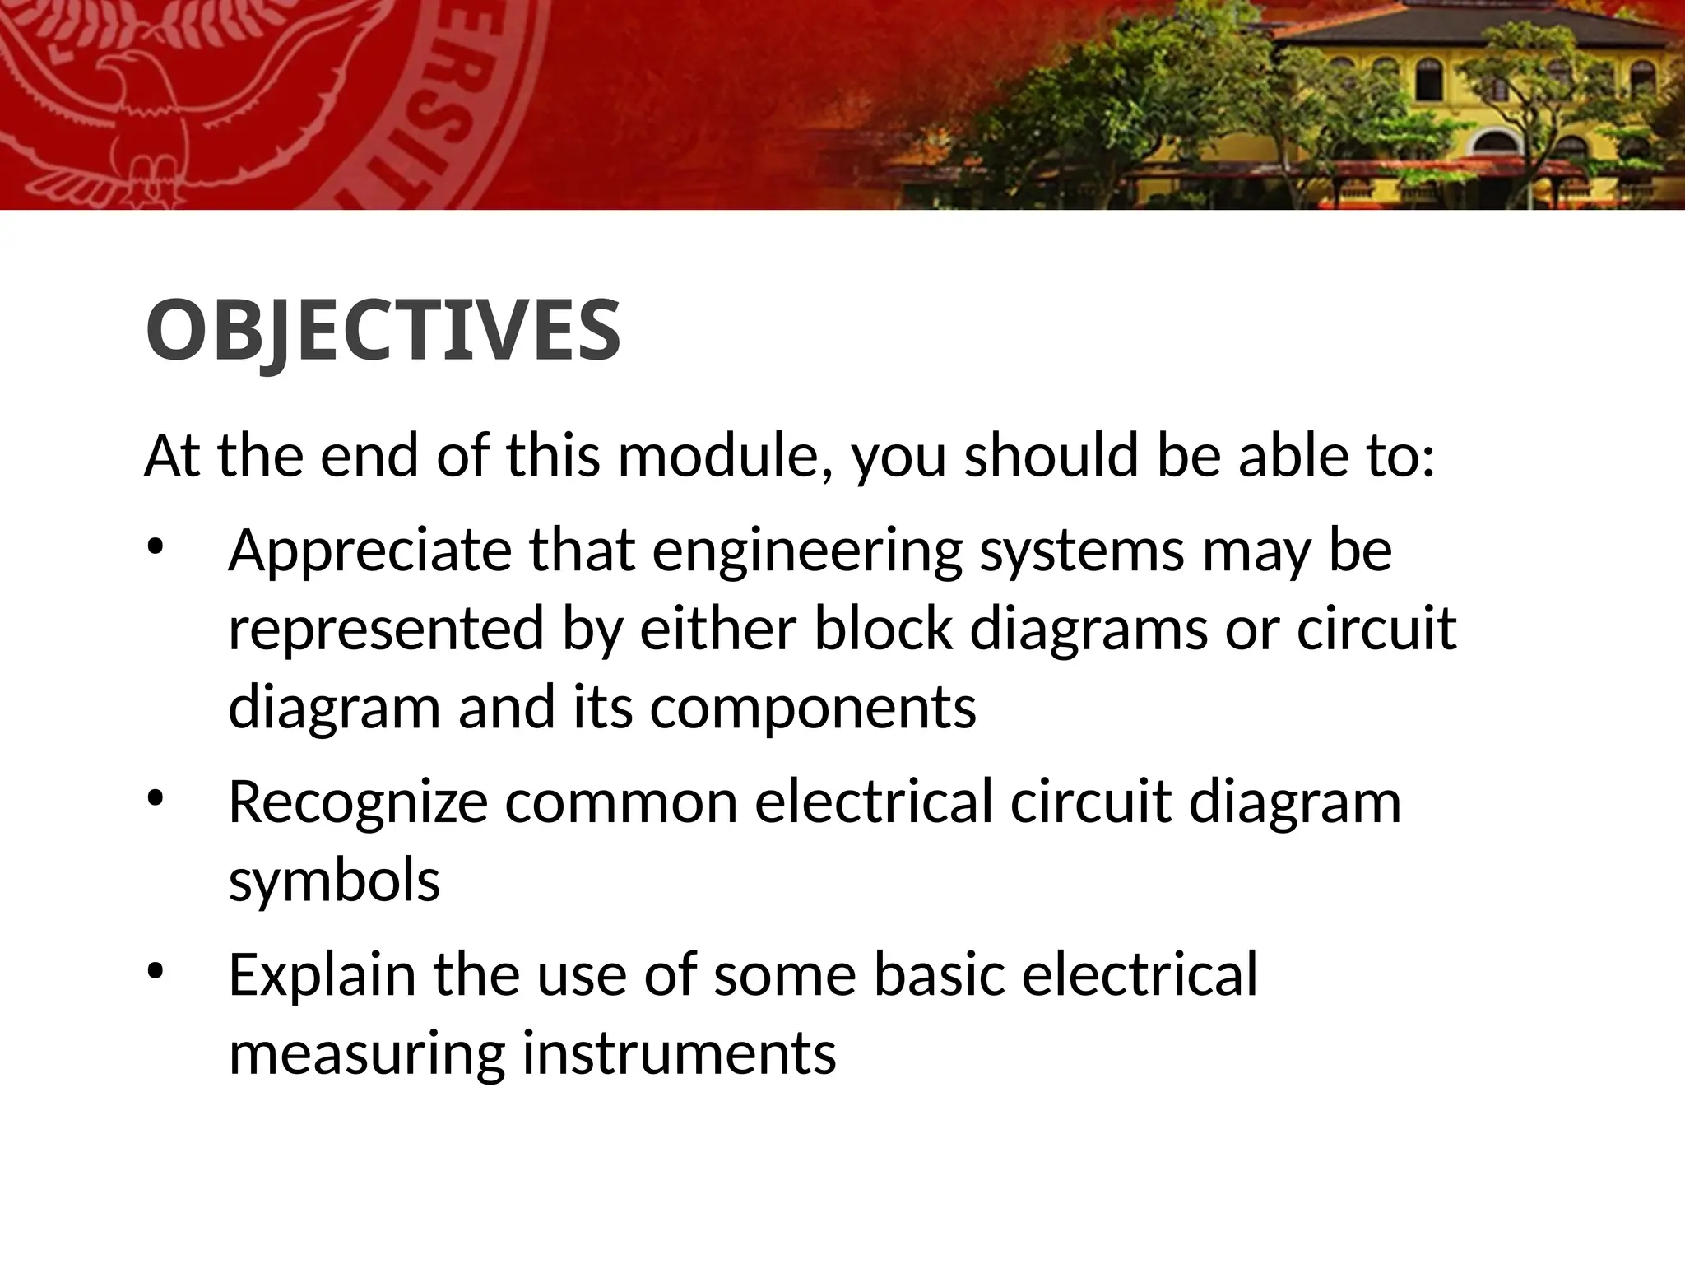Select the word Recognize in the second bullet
pyautogui.click(x=358, y=802)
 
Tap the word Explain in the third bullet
pyautogui.click(x=322, y=975)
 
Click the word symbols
pyautogui.click(x=334, y=881)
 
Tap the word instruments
pyautogui.click(x=680, y=1053)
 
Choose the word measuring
pyautogui.click(x=367, y=1053)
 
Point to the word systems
pyautogui.click(x=1082, y=551)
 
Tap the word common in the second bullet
pyautogui.click(x=621, y=802)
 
